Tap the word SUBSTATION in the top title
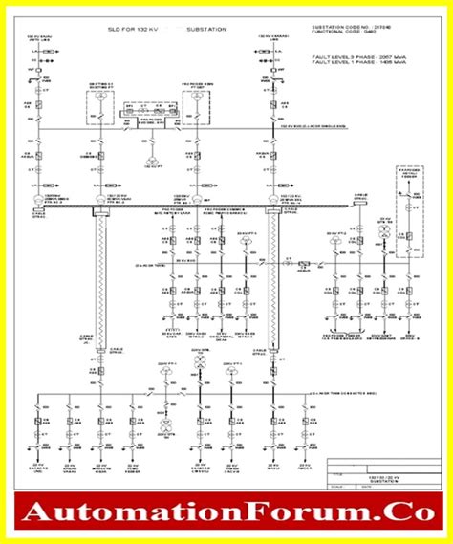click(205, 30)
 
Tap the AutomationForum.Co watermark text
click(226, 513)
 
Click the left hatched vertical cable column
click(99, 277)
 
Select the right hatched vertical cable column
click(273, 277)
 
